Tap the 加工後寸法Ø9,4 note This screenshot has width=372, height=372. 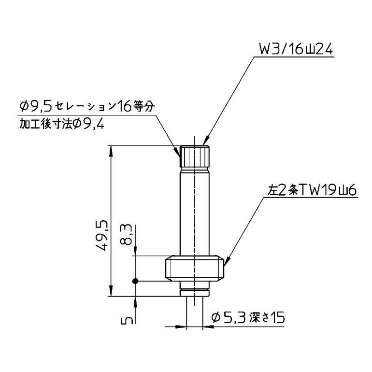62,124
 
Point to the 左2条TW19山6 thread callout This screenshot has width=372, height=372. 312,190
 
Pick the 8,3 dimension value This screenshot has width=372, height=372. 127,235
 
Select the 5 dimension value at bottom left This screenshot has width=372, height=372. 127,320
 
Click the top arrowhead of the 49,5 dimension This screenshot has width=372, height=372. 112,150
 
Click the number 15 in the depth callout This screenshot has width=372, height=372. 276,318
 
